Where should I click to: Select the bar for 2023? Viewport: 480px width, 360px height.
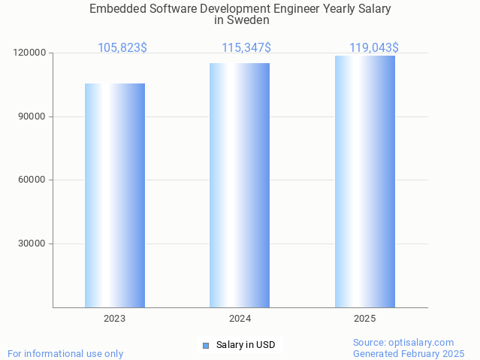click(x=115, y=195)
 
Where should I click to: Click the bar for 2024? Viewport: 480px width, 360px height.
click(x=240, y=185)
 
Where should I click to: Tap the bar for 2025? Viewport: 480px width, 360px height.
click(x=365, y=181)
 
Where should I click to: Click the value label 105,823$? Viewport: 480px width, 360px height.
click(x=122, y=48)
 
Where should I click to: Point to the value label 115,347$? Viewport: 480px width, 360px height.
click(x=246, y=48)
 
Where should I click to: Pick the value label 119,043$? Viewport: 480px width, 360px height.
click(x=374, y=48)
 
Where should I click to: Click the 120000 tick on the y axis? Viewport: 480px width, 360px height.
click(x=29, y=53)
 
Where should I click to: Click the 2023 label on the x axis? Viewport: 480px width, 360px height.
click(x=115, y=319)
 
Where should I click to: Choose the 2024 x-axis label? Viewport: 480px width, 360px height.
click(x=240, y=319)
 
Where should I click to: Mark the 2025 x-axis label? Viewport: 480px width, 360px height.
click(x=365, y=319)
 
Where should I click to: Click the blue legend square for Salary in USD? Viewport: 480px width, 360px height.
click(x=205, y=346)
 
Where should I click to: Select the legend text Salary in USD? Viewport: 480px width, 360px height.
click(x=246, y=346)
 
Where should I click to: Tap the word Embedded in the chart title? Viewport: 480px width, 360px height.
click(x=116, y=9)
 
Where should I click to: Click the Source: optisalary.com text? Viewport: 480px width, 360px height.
click(x=403, y=343)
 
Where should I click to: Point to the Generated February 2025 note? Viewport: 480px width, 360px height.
click(x=409, y=353)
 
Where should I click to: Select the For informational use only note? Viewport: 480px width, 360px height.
click(x=65, y=353)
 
